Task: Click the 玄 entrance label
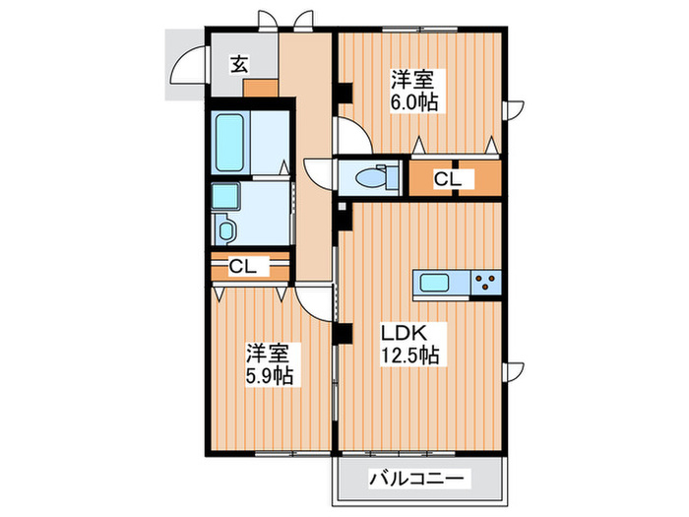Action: click(x=239, y=65)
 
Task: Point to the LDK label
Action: click(x=404, y=331)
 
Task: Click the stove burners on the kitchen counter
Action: click(x=484, y=284)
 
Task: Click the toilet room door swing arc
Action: click(x=319, y=173)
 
